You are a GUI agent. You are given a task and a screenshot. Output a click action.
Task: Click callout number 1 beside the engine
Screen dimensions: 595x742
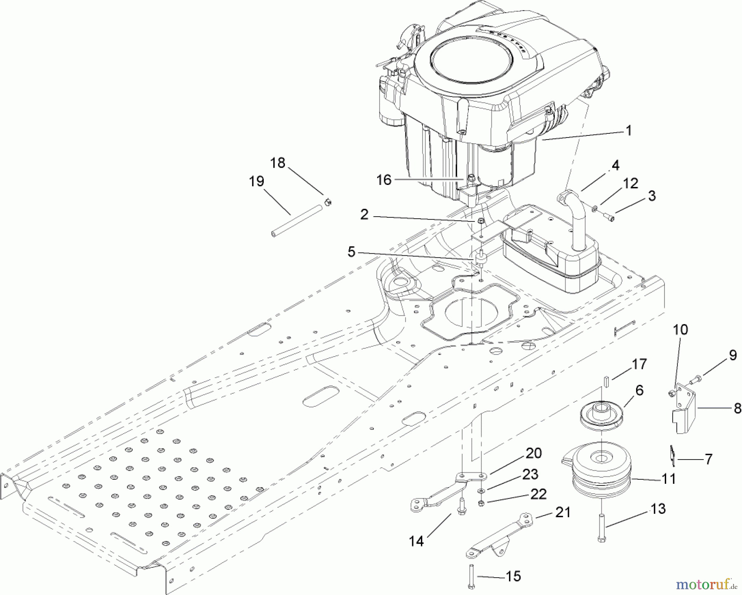pos(628,131)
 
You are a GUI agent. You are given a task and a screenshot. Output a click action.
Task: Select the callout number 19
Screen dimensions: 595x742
pos(256,181)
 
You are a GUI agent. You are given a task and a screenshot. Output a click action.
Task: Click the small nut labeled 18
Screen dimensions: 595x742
pos(328,202)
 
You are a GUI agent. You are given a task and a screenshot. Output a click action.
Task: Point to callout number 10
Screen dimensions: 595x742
pos(681,330)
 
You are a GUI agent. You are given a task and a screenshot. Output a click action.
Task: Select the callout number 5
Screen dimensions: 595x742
pos(351,252)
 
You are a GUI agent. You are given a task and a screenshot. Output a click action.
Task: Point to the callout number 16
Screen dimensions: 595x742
pos(384,180)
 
